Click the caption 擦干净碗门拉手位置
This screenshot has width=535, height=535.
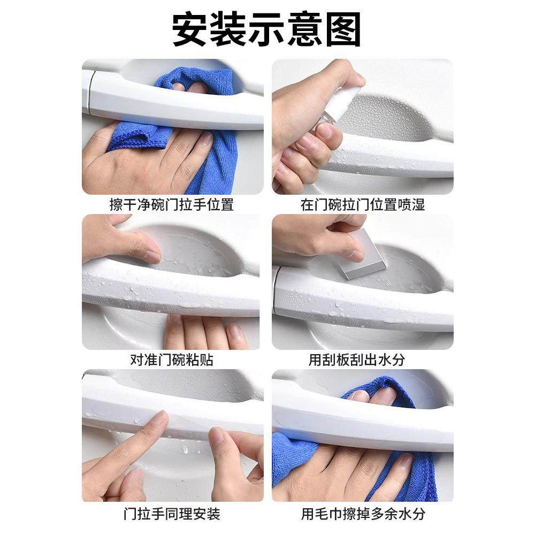(x=172, y=205)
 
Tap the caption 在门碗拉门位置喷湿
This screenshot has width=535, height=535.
(x=363, y=205)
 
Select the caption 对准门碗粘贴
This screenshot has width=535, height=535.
(x=172, y=360)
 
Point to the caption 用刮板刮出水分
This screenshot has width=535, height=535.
(x=363, y=360)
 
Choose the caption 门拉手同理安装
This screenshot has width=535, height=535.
(x=172, y=515)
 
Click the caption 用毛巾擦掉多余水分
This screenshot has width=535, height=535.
(x=363, y=515)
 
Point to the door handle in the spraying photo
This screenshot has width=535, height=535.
(x=396, y=155)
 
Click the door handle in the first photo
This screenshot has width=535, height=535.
(x=171, y=104)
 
